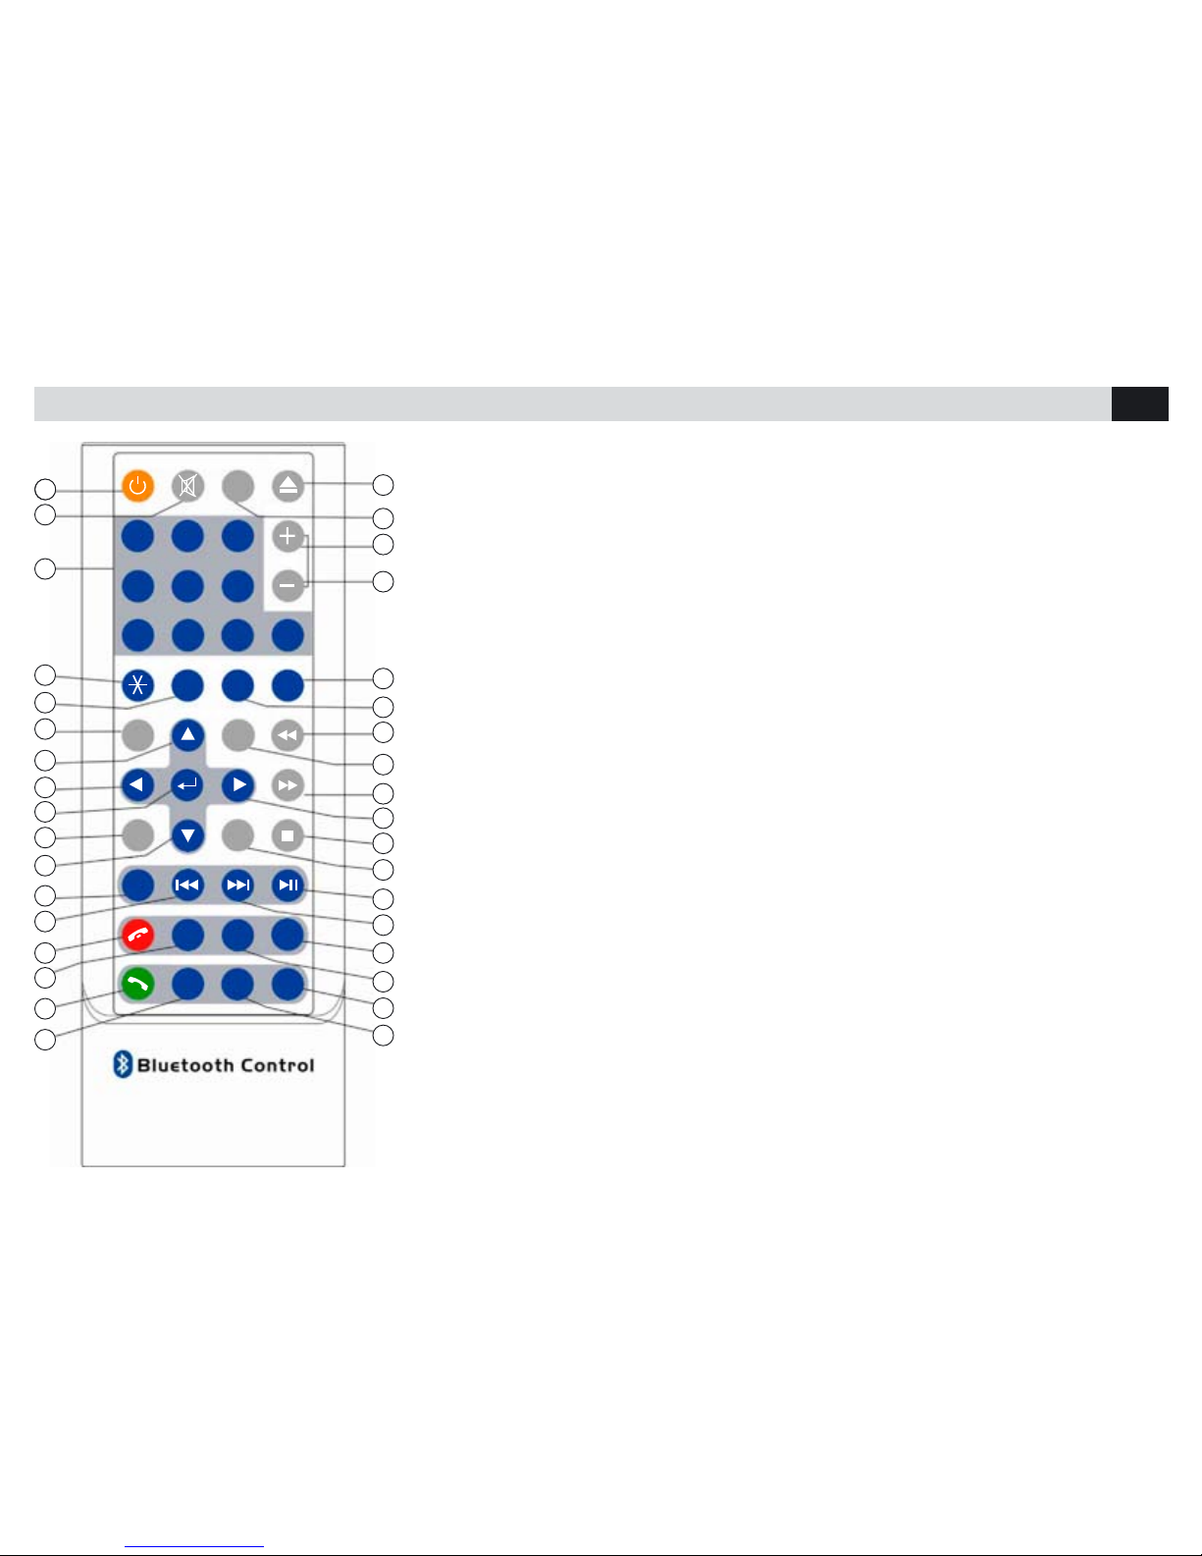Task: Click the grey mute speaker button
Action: click(187, 486)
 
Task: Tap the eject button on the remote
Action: click(287, 485)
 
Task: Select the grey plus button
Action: click(287, 536)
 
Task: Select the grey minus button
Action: click(287, 586)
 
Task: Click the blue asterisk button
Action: click(137, 685)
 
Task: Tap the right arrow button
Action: click(237, 785)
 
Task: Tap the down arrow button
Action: click(187, 835)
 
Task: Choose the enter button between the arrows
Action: click(187, 785)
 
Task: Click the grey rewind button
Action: click(287, 735)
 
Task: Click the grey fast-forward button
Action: click(287, 785)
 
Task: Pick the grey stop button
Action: click(287, 835)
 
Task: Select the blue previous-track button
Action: click(187, 885)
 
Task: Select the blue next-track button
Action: click(237, 885)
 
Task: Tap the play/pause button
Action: click(287, 885)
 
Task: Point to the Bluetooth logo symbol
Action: click(123, 1064)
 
